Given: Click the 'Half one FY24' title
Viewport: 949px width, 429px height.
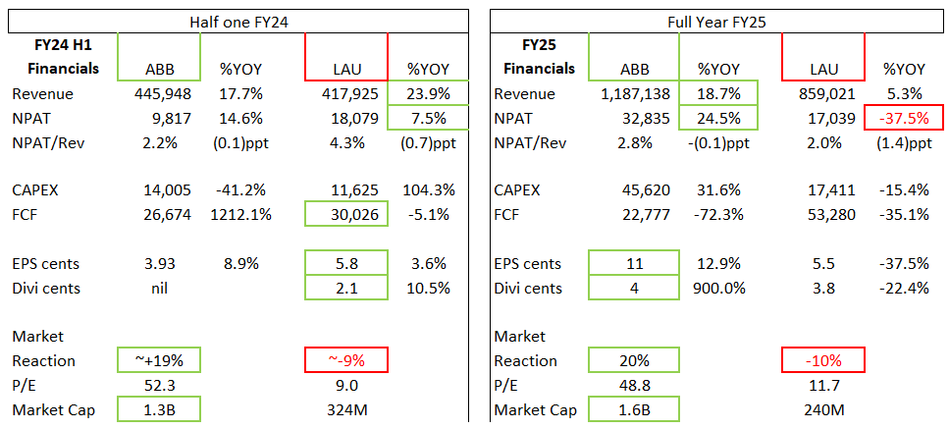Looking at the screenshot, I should (237, 21).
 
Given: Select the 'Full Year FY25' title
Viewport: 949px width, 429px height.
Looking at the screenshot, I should (710, 21).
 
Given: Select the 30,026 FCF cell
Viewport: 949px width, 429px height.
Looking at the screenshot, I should (346, 214).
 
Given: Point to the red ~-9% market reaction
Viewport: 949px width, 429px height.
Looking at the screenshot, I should (346, 360).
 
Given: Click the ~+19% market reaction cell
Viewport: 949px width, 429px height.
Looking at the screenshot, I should (158, 360).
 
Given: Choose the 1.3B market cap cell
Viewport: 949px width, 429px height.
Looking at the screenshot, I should (158, 409).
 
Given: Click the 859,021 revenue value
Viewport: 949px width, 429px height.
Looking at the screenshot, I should (822, 94).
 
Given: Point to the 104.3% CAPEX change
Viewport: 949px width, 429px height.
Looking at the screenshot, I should (427, 189).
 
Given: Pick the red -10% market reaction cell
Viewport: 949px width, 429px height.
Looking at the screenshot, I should (822, 360).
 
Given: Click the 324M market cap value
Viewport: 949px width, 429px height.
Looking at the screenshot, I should (346, 409).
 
